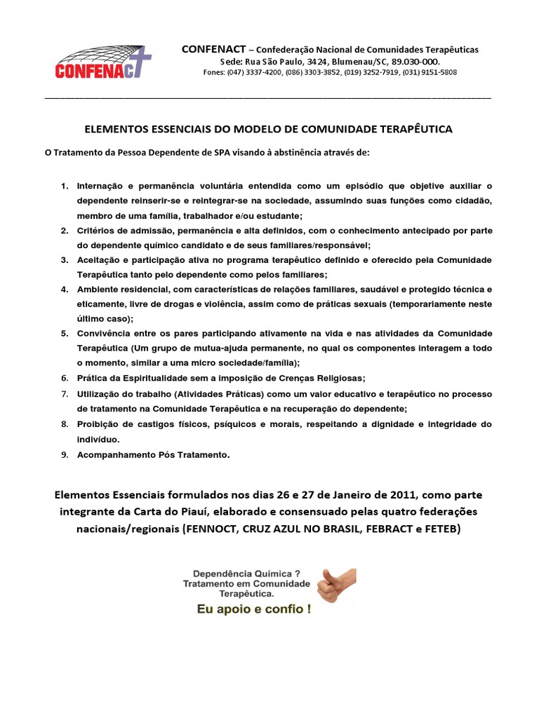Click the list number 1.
point(64,186)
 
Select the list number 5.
point(64,333)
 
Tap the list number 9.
point(64,455)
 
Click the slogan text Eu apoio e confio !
point(253,609)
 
